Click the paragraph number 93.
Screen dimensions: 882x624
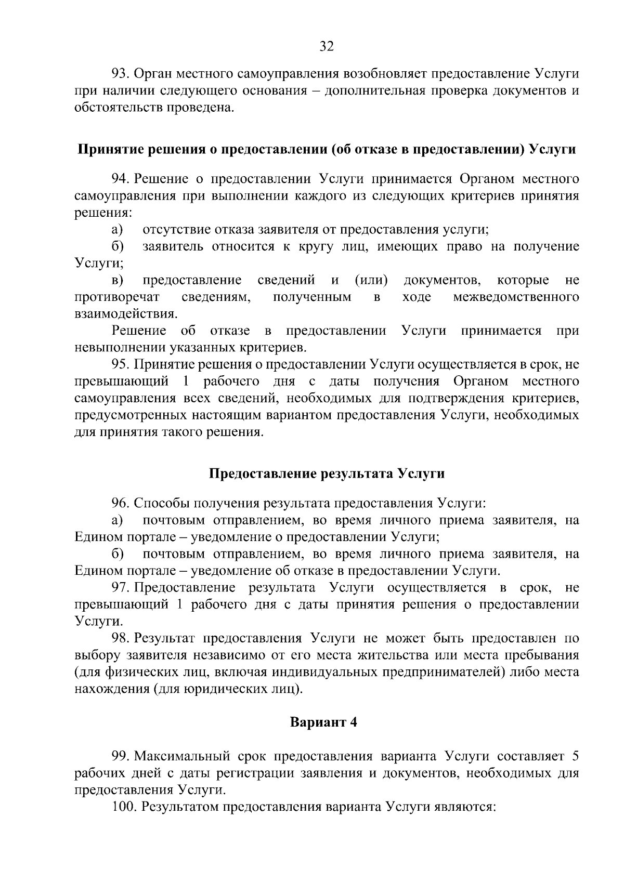click(x=120, y=74)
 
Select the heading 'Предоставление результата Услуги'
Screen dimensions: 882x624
click(x=327, y=473)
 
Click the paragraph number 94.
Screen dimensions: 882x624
click(x=120, y=179)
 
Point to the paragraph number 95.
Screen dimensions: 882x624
click(x=120, y=364)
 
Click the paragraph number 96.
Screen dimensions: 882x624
click(x=120, y=503)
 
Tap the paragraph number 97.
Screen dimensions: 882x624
click(x=120, y=587)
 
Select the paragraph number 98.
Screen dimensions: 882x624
click(x=120, y=638)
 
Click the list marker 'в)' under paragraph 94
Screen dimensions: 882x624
click(x=117, y=281)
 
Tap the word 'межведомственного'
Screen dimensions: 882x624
click(x=516, y=297)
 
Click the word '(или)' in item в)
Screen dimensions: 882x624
click(x=371, y=281)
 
